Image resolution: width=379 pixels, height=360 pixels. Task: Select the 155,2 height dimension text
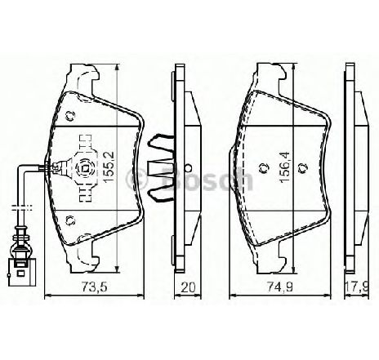pyautogui.click(x=109, y=167)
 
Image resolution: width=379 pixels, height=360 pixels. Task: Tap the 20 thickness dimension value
pyautogui.click(x=188, y=287)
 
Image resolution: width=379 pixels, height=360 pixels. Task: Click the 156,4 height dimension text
pyautogui.click(x=286, y=167)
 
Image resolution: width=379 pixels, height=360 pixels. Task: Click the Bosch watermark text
pyautogui.click(x=207, y=178)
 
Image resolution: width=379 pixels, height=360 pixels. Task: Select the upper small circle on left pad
pyautogui.click(x=70, y=116)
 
